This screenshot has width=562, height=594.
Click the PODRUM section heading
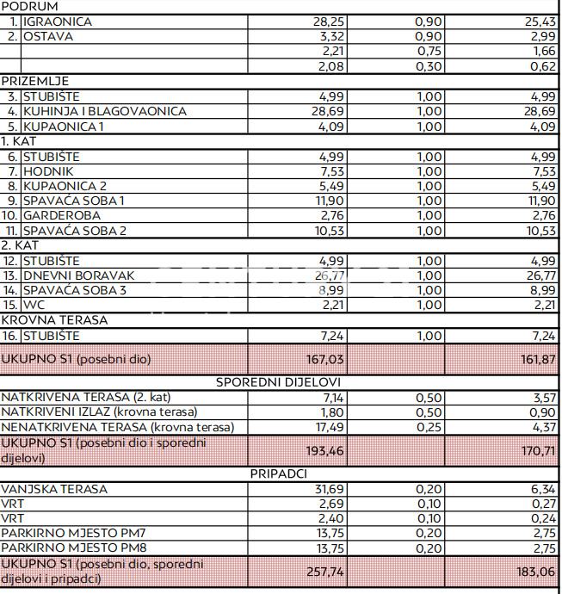pyautogui.click(x=30, y=6)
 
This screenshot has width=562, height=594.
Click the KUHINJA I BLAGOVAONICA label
pyautogui.click(x=104, y=111)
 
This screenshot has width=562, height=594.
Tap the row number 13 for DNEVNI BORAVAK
pyautogui.click(x=10, y=275)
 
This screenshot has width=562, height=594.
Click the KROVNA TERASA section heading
pyautogui.click(x=54, y=320)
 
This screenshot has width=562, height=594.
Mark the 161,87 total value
pyautogui.click(x=538, y=357)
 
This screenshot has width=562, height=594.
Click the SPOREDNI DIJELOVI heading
pyautogui.click(x=279, y=381)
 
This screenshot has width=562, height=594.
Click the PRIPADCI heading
pyautogui.click(x=279, y=473)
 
